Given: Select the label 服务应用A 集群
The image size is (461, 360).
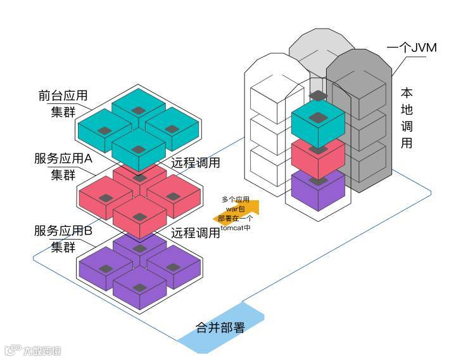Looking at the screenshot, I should point(63,167).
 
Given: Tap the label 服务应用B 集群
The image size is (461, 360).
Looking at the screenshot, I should point(63,238).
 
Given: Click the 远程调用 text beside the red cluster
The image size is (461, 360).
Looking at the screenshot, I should point(196,163).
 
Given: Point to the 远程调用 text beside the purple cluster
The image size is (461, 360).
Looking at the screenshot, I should point(196,233).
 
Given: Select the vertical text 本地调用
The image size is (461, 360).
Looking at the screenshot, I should point(407,118).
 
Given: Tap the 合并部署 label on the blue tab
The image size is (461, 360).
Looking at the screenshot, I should point(220,328).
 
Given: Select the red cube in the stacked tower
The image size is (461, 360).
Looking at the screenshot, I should point(317,158).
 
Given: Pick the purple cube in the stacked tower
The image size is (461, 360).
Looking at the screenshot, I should point(317,191).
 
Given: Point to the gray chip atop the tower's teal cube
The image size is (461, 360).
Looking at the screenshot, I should point(318,95).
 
